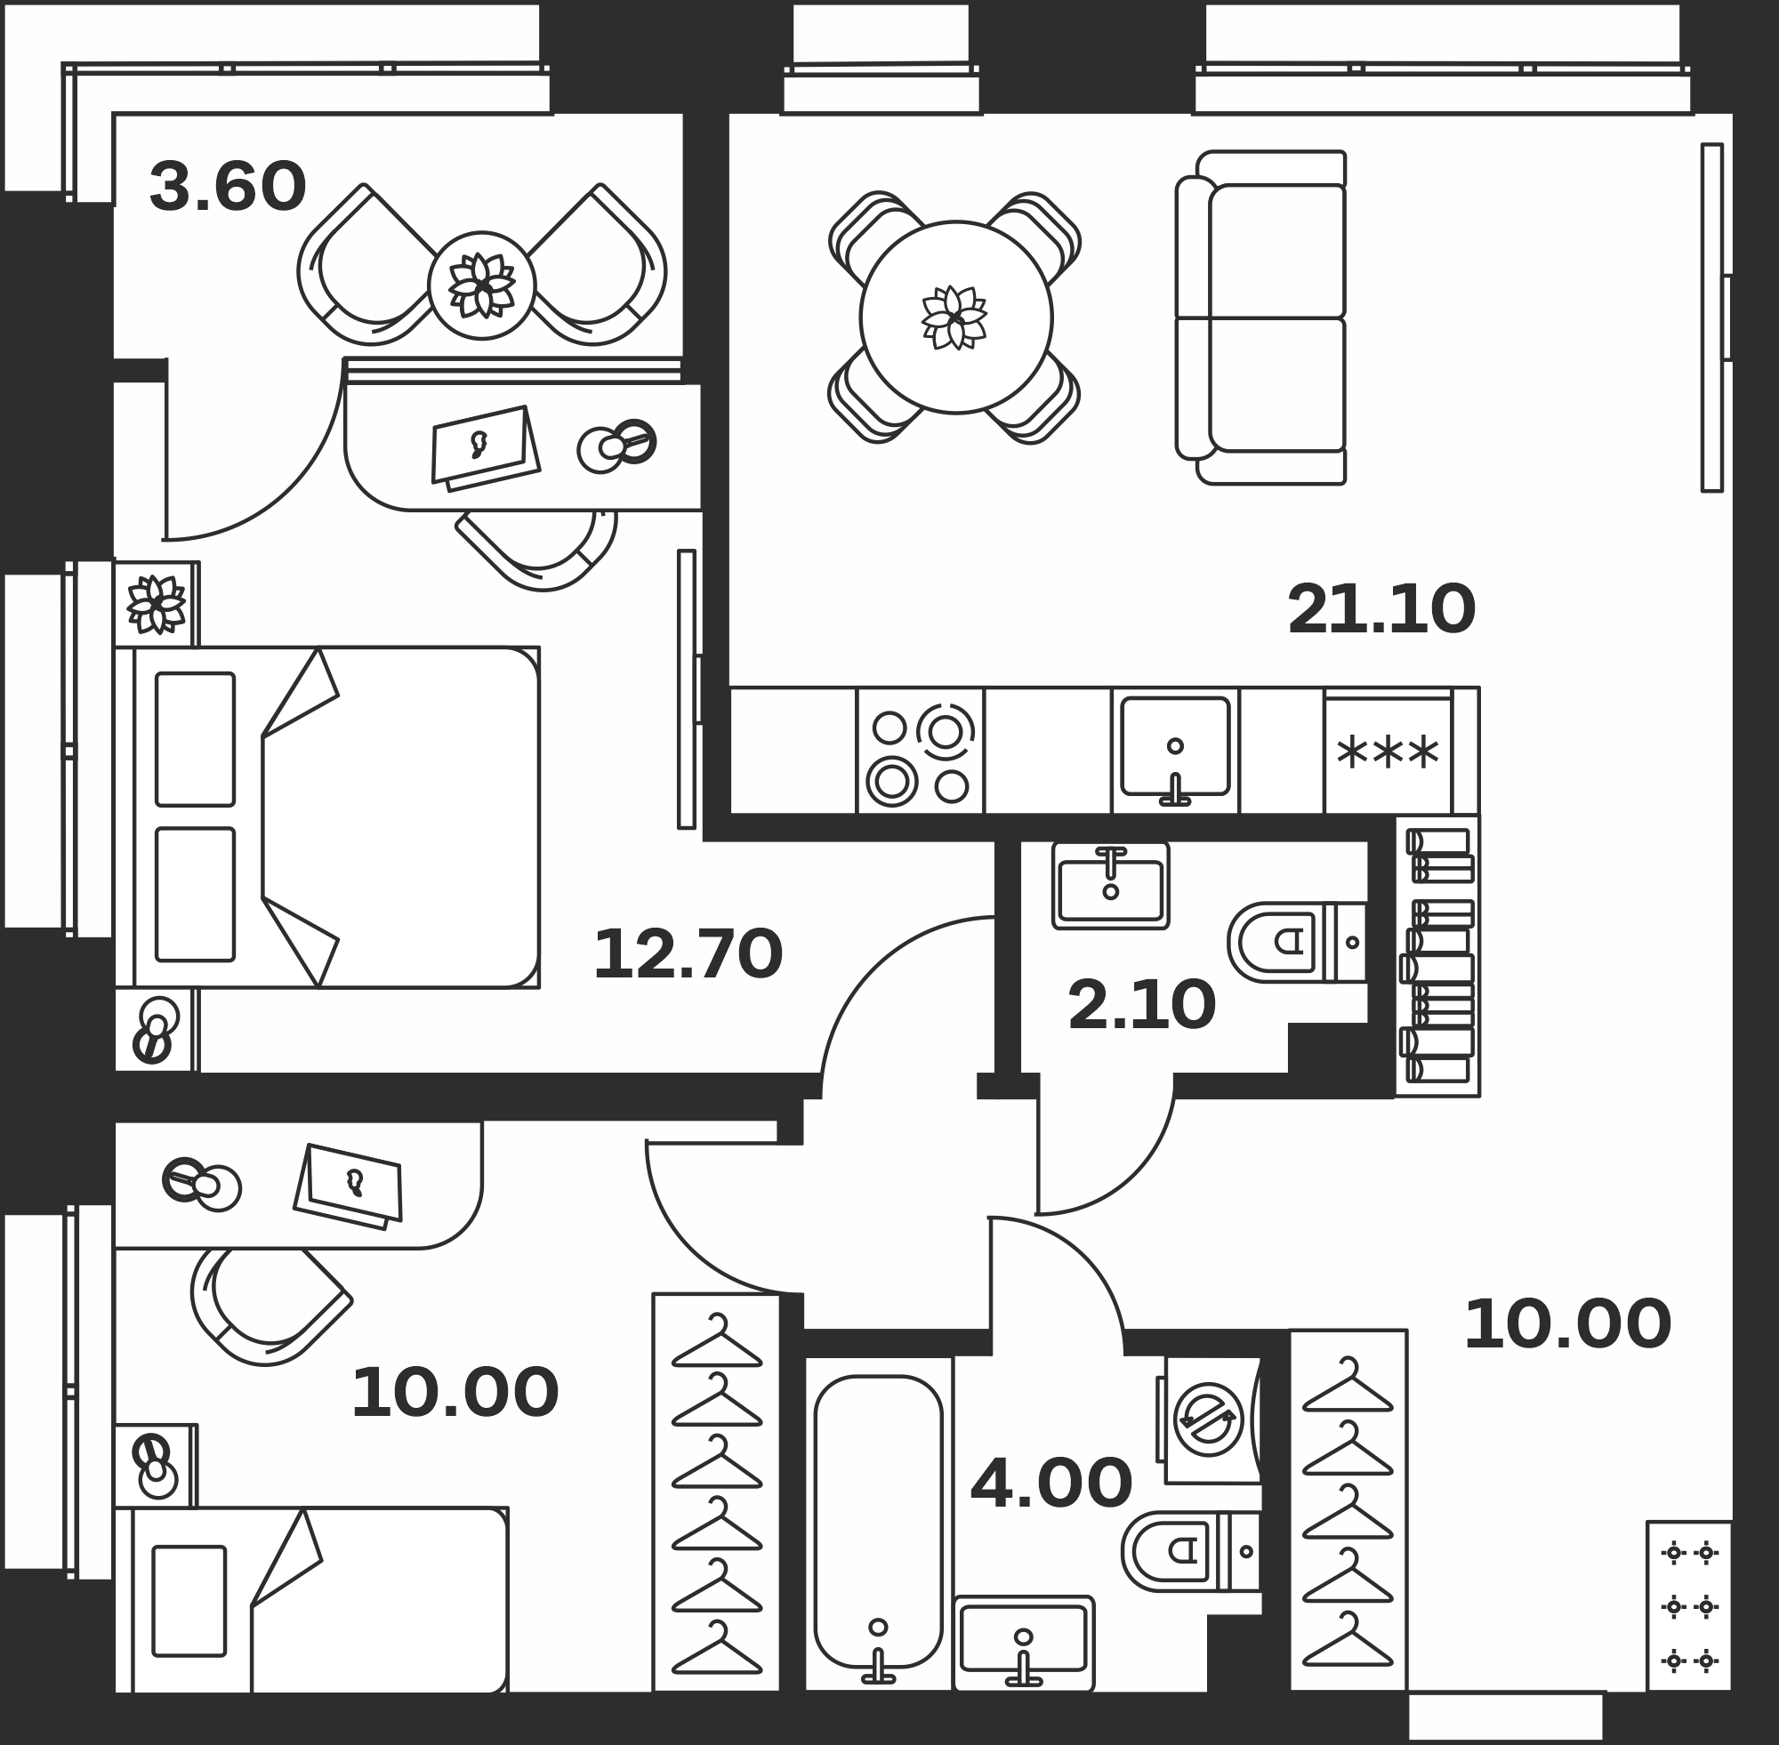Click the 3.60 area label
(x=228, y=187)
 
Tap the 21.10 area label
(x=1381, y=609)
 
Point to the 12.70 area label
(x=688, y=955)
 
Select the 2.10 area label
(x=1141, y=1005)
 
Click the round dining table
(x=956, y=318)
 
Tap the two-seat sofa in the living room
(x=1261, y=318)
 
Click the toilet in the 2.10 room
(x=1297, y=942)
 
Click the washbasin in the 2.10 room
(x=1111, y=886)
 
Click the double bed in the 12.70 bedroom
(x=327, y=817)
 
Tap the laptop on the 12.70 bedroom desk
(x=486, y=448)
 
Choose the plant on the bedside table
(x=157, y=605)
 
